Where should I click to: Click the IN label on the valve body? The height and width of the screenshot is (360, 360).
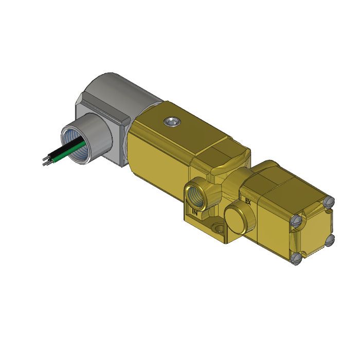[194, 211]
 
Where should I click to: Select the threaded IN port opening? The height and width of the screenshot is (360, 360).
[196, 194]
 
